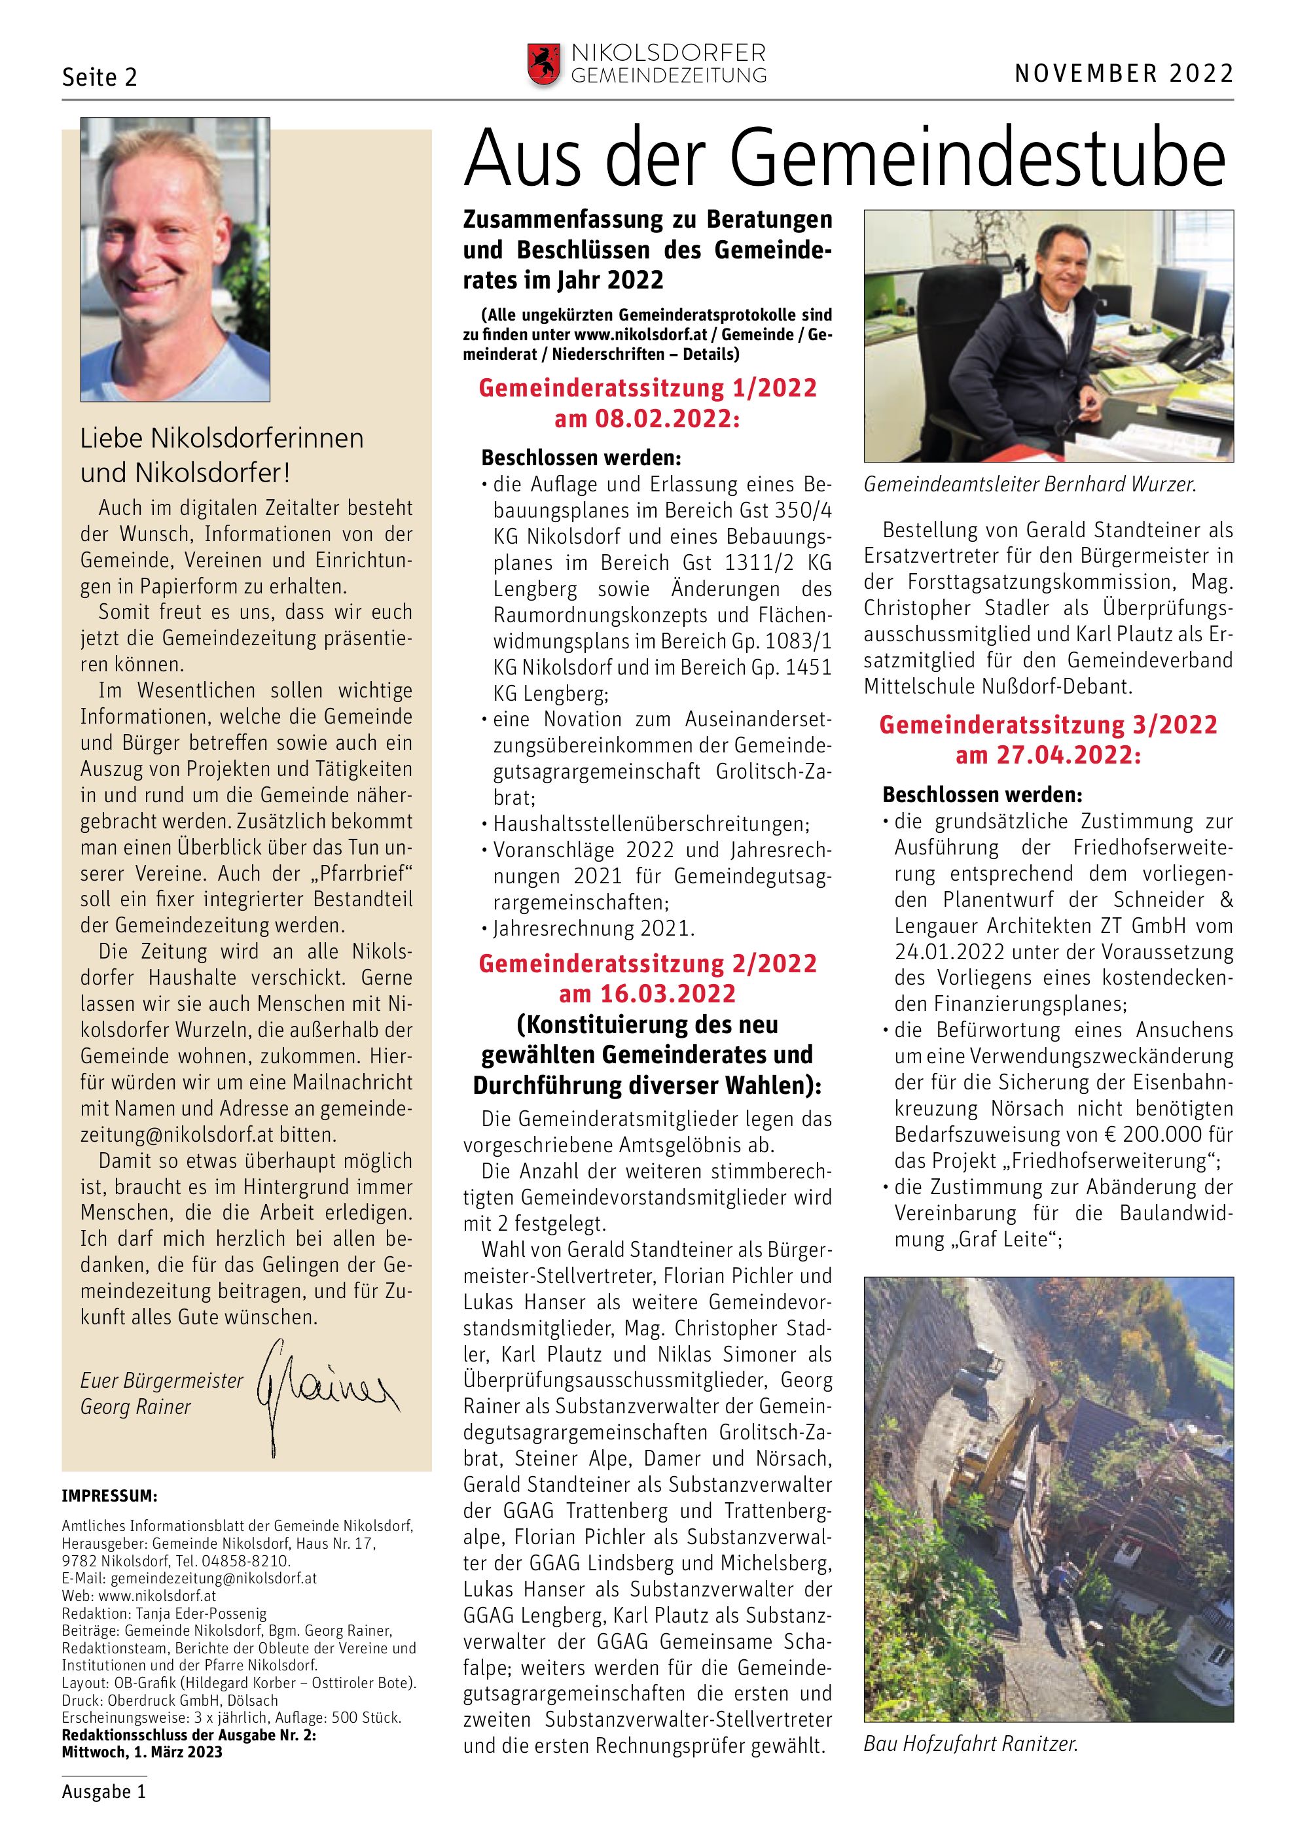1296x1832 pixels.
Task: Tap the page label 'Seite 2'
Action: [x=99, y=77]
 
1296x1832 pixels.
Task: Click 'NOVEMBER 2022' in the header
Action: [x=1124, y=74]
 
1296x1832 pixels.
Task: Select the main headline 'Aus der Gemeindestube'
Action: [x=844, y=159]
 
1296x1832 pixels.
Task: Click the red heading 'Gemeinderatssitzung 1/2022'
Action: [x=647, y=389]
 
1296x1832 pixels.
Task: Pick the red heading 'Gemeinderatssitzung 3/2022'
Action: [x=1048, y=726]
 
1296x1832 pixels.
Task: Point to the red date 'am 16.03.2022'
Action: [x=647, y=995]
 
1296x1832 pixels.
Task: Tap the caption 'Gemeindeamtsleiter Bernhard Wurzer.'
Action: [x=1030, y=484]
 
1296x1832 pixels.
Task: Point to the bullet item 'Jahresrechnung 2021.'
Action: [x=594, y=930]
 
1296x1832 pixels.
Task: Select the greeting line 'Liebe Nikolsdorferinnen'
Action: [x=222, y=438]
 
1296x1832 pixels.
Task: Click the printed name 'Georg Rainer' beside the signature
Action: [x=135, y=1407]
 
